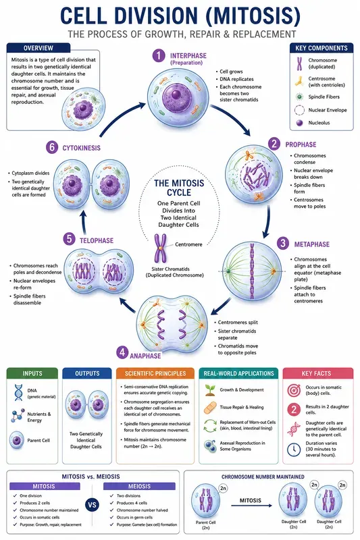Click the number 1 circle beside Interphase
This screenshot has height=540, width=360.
point(159,55)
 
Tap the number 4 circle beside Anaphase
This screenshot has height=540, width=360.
point(122,352)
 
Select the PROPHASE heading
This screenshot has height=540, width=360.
point(301,144)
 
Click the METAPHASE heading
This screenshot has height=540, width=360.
point(312,244)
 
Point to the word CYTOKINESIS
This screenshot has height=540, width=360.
point(81,148)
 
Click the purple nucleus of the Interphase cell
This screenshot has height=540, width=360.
point(177,94)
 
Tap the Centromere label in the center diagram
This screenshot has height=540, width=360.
point(188,244)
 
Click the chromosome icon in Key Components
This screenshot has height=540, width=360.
point(299,63)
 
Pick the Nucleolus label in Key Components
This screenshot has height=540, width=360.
point(319,123)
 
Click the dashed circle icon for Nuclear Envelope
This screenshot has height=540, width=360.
point(299,110)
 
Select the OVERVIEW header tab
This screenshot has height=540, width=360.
point(38,48)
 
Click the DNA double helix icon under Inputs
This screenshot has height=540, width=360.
point(18,393)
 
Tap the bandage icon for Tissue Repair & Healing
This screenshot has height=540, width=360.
point(210,408)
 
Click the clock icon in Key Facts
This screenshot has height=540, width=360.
point(294,449)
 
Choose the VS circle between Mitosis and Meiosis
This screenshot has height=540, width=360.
point(92,505)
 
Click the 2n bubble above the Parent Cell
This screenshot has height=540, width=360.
point(223,488)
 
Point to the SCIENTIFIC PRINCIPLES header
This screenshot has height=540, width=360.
point(155,373)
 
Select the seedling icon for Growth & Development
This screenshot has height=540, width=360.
point(210,390)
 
